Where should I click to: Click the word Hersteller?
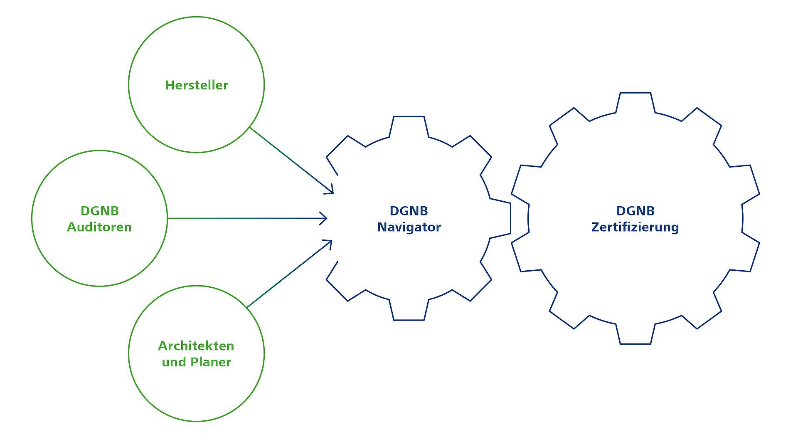click(197, 85)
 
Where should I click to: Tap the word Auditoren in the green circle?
click(99, 227)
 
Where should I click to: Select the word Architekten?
click(196, 346)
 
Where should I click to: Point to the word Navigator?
click(409, 227)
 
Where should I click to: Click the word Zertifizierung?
click(635, 227)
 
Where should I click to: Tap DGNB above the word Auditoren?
click(100, 211)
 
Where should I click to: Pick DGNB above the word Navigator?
click(409, 211)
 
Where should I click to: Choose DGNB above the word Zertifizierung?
click(635, 211)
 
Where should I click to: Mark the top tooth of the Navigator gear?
click(409, 125)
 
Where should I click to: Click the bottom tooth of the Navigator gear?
click(409, 312)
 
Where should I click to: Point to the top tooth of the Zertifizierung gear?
click(635, 101)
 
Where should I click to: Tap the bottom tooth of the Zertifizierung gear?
click(635, 336)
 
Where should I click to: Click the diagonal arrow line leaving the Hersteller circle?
click(291, 160)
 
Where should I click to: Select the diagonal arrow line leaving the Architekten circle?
click(289, 274)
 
